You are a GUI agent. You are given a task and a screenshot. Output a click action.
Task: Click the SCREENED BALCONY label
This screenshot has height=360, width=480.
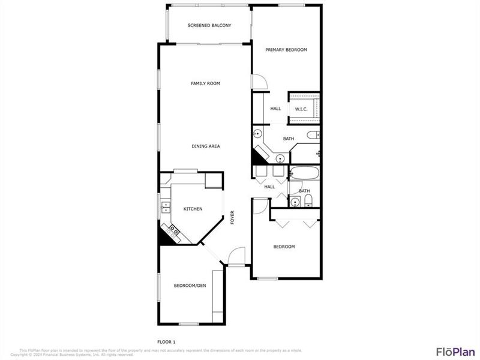209,25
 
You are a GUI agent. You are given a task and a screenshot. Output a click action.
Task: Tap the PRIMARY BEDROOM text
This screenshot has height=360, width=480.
286,50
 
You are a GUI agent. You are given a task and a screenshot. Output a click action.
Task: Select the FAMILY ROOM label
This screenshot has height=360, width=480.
205,83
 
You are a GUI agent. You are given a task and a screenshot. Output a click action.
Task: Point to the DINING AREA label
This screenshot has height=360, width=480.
205,146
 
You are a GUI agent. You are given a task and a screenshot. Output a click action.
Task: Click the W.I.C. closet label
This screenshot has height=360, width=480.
301,109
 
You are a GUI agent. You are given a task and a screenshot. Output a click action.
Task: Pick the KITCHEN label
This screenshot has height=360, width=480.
193,209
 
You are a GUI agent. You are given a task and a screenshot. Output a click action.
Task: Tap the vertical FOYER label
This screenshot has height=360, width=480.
232,218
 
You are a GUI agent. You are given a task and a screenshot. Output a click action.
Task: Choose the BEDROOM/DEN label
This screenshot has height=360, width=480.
190,286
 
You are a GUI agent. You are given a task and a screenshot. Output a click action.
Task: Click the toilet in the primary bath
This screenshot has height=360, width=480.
313,135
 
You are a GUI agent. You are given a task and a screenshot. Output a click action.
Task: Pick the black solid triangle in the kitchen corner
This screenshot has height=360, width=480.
164,236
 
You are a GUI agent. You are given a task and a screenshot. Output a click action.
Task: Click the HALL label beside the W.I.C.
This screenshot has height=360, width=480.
275,109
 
